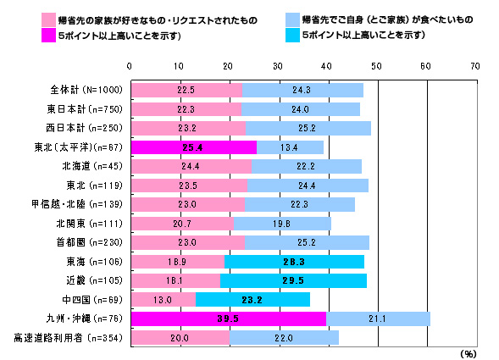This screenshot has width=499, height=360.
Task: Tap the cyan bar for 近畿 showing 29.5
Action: (293, 280)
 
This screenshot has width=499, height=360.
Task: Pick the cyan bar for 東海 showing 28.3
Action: (295, 261)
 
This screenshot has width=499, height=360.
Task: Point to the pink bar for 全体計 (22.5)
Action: (186, 90)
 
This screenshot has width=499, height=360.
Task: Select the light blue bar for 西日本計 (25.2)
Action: (308, 127)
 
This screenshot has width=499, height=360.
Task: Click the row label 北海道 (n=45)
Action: (91, 165)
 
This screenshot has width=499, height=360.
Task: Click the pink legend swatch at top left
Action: (28, 19)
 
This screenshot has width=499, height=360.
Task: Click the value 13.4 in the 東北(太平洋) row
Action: (290, 147)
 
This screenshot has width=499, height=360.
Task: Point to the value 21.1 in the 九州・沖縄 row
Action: (378, 318)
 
